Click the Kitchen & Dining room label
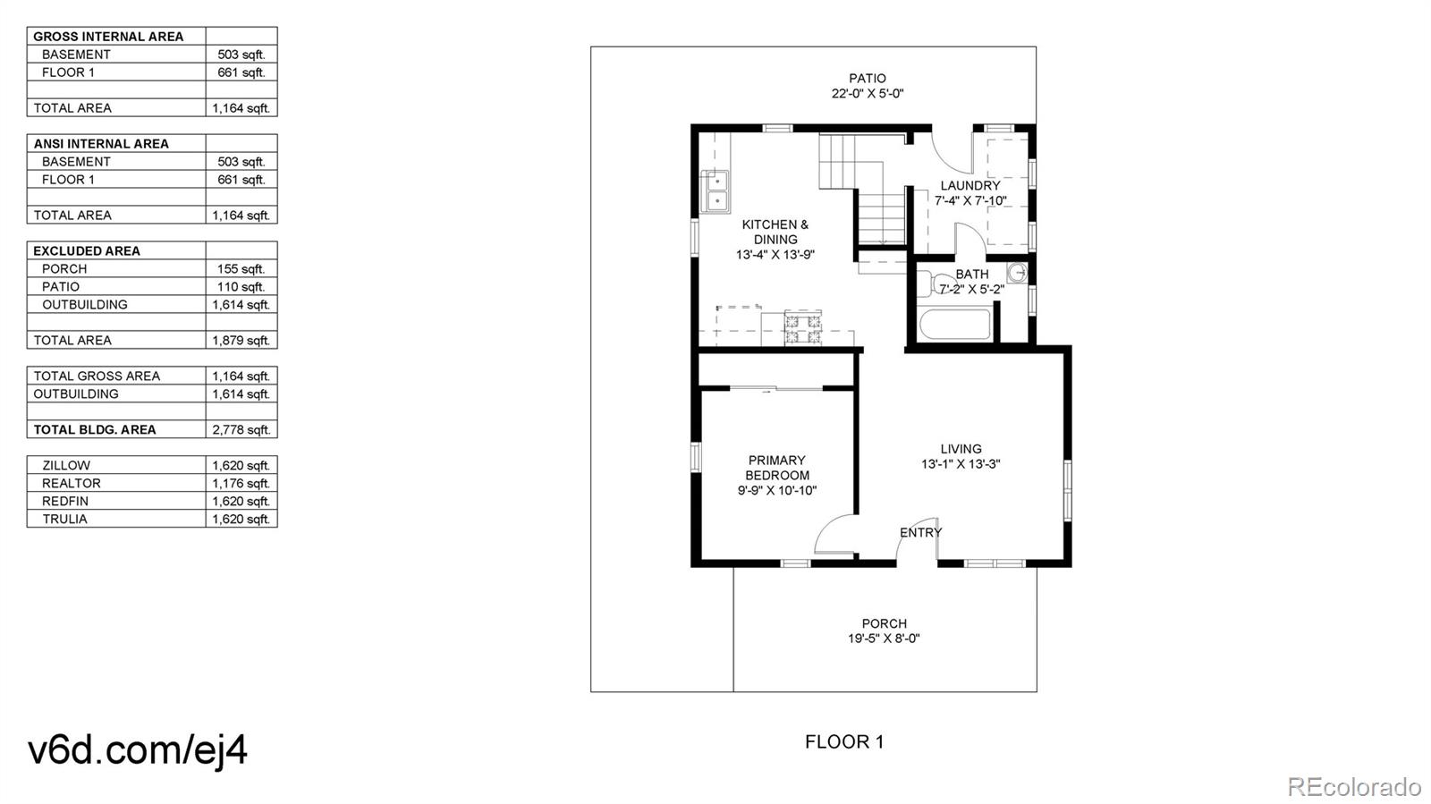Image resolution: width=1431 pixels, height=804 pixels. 775,232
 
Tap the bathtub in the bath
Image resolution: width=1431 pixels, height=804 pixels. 955,324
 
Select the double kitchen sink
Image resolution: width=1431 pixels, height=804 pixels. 715,190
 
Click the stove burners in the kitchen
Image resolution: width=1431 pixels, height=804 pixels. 802,328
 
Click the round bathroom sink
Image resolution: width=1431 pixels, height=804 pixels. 1017,272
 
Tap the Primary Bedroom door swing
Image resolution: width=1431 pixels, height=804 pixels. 834,537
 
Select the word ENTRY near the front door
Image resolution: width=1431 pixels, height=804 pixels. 920,532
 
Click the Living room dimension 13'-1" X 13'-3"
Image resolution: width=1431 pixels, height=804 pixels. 961,464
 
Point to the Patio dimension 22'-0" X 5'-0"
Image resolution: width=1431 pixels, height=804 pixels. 868,93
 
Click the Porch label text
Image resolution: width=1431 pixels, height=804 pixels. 884,623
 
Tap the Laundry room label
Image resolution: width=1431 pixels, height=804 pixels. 970,186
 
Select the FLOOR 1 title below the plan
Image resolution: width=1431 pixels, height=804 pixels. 843,741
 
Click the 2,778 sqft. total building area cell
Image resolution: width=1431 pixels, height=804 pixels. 241,429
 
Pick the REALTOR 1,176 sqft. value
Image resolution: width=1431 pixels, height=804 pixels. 241,483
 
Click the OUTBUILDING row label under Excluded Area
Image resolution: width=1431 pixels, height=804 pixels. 84,304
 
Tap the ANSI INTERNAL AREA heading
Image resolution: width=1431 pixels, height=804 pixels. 100,143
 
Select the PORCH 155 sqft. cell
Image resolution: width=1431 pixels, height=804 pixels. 241,268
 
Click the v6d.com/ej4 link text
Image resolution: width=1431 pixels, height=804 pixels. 138,749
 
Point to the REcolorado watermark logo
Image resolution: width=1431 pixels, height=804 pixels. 1353,786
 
